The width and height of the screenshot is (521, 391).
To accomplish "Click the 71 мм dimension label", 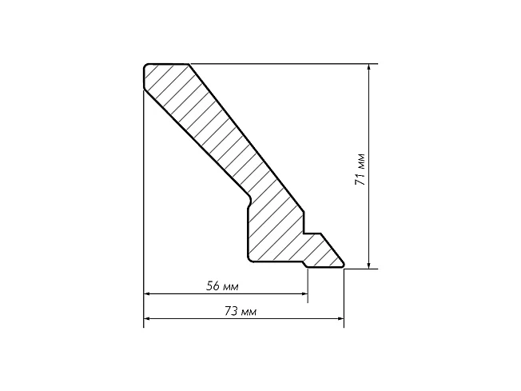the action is click(360, 170).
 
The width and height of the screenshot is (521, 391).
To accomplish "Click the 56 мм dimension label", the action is click(222, 286).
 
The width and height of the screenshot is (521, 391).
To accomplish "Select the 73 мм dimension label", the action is click(241, 312).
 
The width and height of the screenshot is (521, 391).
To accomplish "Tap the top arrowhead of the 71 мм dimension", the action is click(368, 67).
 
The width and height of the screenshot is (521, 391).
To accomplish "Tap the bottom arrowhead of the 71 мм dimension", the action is click(368, 265).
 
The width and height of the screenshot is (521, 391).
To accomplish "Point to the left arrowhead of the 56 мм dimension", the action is click(147, 294).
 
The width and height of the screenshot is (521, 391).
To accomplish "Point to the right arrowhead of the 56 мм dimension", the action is click(304, 294).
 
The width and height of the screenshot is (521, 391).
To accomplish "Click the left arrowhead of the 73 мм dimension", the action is click(147, 319).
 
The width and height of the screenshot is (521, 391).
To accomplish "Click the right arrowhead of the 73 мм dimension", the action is click(340, 319).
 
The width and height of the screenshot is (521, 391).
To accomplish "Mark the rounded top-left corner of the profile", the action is click(145, 66).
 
